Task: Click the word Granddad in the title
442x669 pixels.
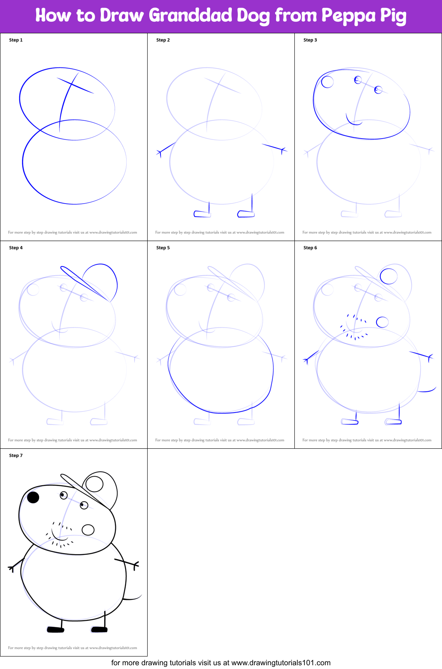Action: point(191,15)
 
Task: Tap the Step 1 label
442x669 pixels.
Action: point(16,40)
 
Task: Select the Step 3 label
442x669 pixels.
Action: point(310,40)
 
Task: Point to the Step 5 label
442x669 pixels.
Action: point(163,248)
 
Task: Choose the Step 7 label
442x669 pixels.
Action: point(16,455)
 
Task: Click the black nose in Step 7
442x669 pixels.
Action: point(33,497)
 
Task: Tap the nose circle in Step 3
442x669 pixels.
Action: point(327,82)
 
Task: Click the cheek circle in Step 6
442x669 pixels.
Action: point(382,322)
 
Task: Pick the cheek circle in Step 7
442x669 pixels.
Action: point(88,530)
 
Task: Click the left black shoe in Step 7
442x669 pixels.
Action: point(55,629)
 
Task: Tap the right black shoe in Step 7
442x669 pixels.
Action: point(99,629)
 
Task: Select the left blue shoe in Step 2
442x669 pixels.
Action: point(202,214)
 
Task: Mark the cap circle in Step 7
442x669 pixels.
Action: point(95,484)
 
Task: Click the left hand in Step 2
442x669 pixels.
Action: point(160,153)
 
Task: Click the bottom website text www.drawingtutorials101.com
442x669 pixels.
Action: point(281,663)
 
